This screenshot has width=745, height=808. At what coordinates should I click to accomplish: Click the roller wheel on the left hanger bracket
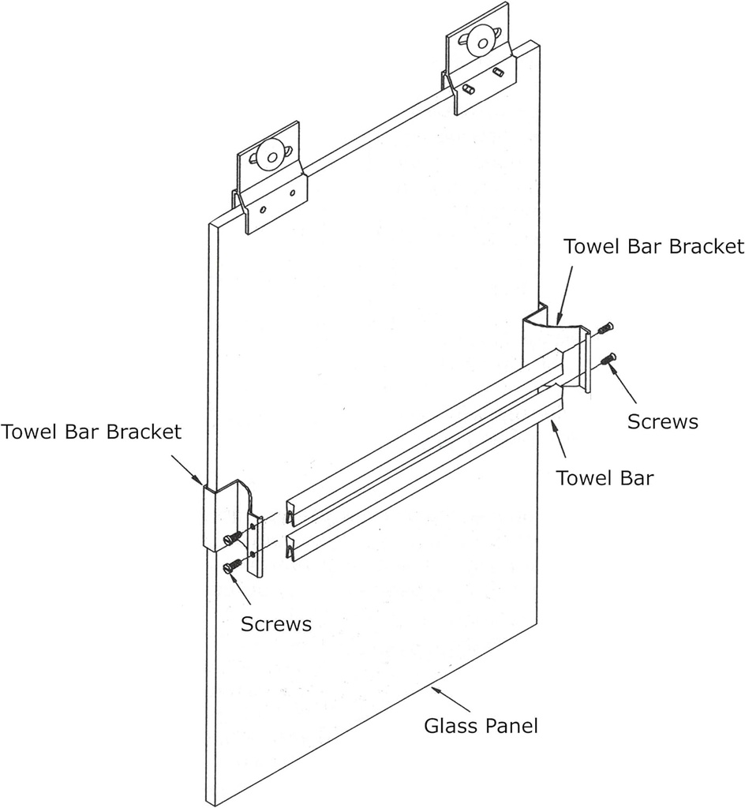(271, 155)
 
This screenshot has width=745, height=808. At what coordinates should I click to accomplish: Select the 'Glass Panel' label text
(481, 725)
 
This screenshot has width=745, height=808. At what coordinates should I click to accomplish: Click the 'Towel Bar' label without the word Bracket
(605, 477)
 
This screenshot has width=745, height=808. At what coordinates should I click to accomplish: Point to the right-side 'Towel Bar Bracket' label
(653, 246)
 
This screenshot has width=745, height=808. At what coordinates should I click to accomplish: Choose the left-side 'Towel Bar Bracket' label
(91, 432)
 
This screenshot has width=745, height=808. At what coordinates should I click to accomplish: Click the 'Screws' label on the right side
(662, 421)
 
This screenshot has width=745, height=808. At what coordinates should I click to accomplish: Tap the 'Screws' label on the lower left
(275, 623)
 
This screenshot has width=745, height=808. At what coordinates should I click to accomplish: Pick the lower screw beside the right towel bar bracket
(608, 360)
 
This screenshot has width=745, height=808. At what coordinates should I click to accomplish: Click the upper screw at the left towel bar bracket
(230, 538)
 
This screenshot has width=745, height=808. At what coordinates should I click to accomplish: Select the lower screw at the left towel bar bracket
(233, 567)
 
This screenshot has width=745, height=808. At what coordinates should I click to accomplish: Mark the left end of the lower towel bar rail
(292, 547)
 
